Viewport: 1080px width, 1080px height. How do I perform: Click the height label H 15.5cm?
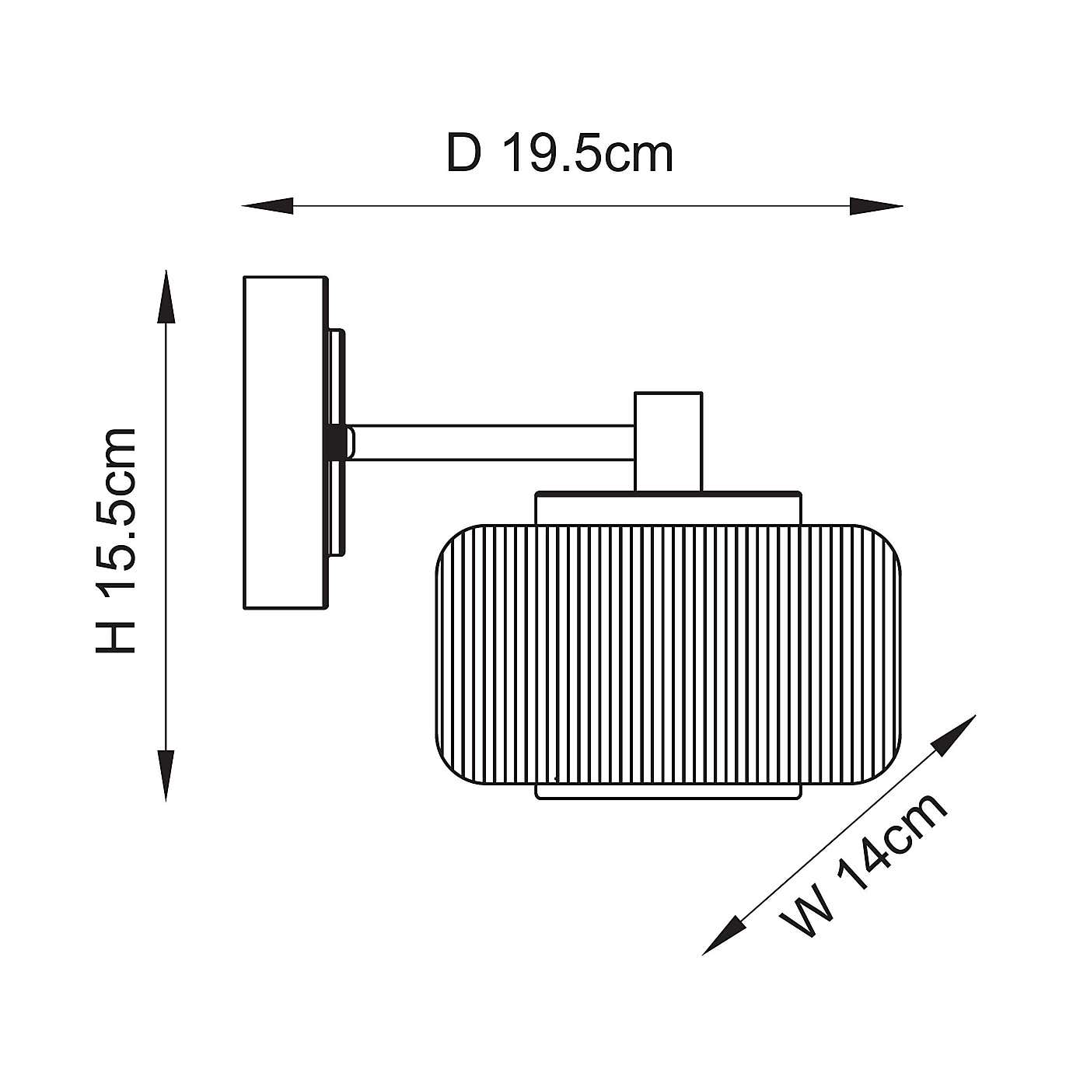click(x=116, y=541)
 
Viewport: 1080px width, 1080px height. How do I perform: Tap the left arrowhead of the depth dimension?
click(x=267, y=206)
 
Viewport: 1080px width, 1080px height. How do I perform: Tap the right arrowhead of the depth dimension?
click(x=876, y=206)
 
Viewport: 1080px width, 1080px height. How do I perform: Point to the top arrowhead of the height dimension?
click(x=166, y=296)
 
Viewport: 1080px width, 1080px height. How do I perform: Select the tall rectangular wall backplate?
click(x=285, y=442)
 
